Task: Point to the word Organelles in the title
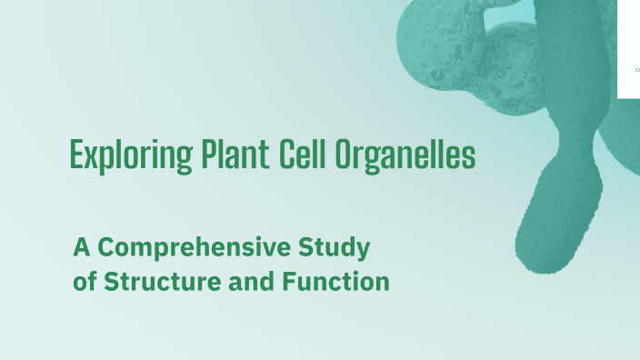405,155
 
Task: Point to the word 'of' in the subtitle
85,282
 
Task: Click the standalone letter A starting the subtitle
82,247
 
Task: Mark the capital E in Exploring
76,155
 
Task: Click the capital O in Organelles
344,155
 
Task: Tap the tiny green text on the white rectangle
636,69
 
